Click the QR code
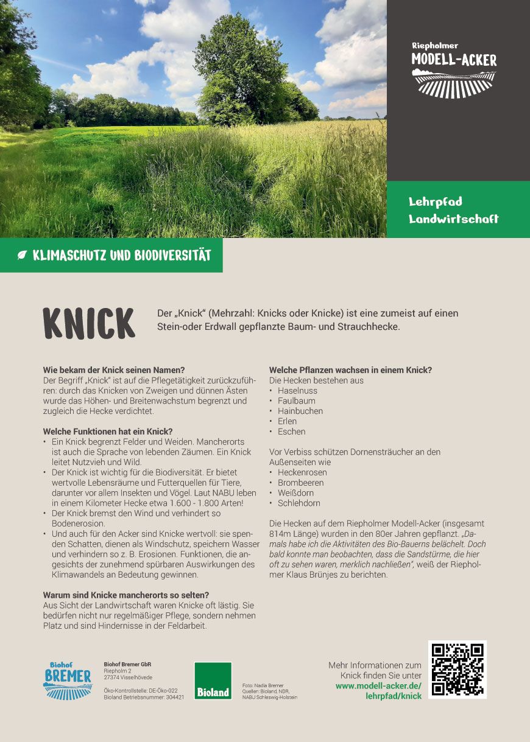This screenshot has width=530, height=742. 458,669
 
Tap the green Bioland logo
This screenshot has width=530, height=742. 213,681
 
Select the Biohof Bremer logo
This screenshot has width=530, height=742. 68,679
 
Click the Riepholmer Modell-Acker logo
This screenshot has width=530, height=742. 454,70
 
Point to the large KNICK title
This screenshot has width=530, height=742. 89,323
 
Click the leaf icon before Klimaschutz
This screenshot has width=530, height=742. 23,256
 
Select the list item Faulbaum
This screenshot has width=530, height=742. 297,401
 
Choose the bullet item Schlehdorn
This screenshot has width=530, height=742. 299,503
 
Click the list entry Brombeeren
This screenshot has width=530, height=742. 301,483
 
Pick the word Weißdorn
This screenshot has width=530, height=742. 295,493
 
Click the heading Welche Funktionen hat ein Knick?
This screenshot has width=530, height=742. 107,432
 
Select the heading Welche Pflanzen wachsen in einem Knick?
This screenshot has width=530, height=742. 350,370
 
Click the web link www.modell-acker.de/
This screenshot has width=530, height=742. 378,686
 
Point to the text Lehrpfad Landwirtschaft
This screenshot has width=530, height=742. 453,210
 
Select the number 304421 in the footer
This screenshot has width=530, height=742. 174,698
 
